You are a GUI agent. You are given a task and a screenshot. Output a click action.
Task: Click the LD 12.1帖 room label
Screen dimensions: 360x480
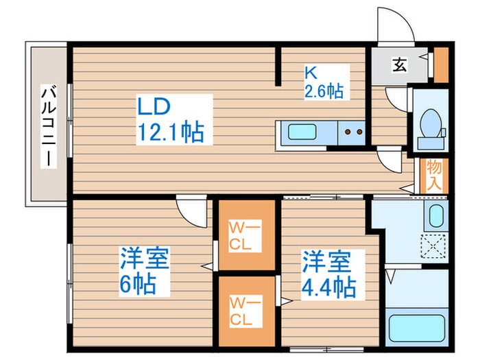pyautogui.click(x=170, y=119)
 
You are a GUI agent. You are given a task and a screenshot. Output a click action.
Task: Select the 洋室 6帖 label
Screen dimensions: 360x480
pyautogui.click(x=144, y=271)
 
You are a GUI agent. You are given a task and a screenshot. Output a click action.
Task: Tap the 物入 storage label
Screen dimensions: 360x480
pyautogui.click(x=433, y=174)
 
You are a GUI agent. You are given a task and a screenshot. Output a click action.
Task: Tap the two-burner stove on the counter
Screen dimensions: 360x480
pyautogui.click(x=352, y=132)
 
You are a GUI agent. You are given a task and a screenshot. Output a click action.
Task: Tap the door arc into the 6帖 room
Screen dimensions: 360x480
pyautogui.click(x=191, y=206)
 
